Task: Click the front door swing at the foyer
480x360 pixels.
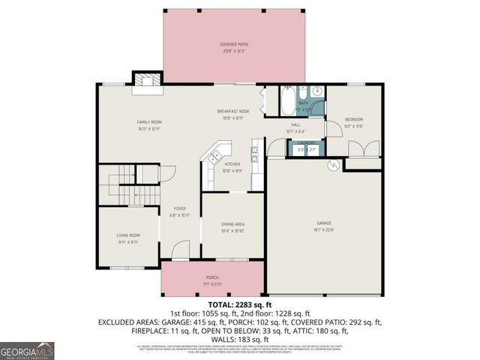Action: tap(181, 251)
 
